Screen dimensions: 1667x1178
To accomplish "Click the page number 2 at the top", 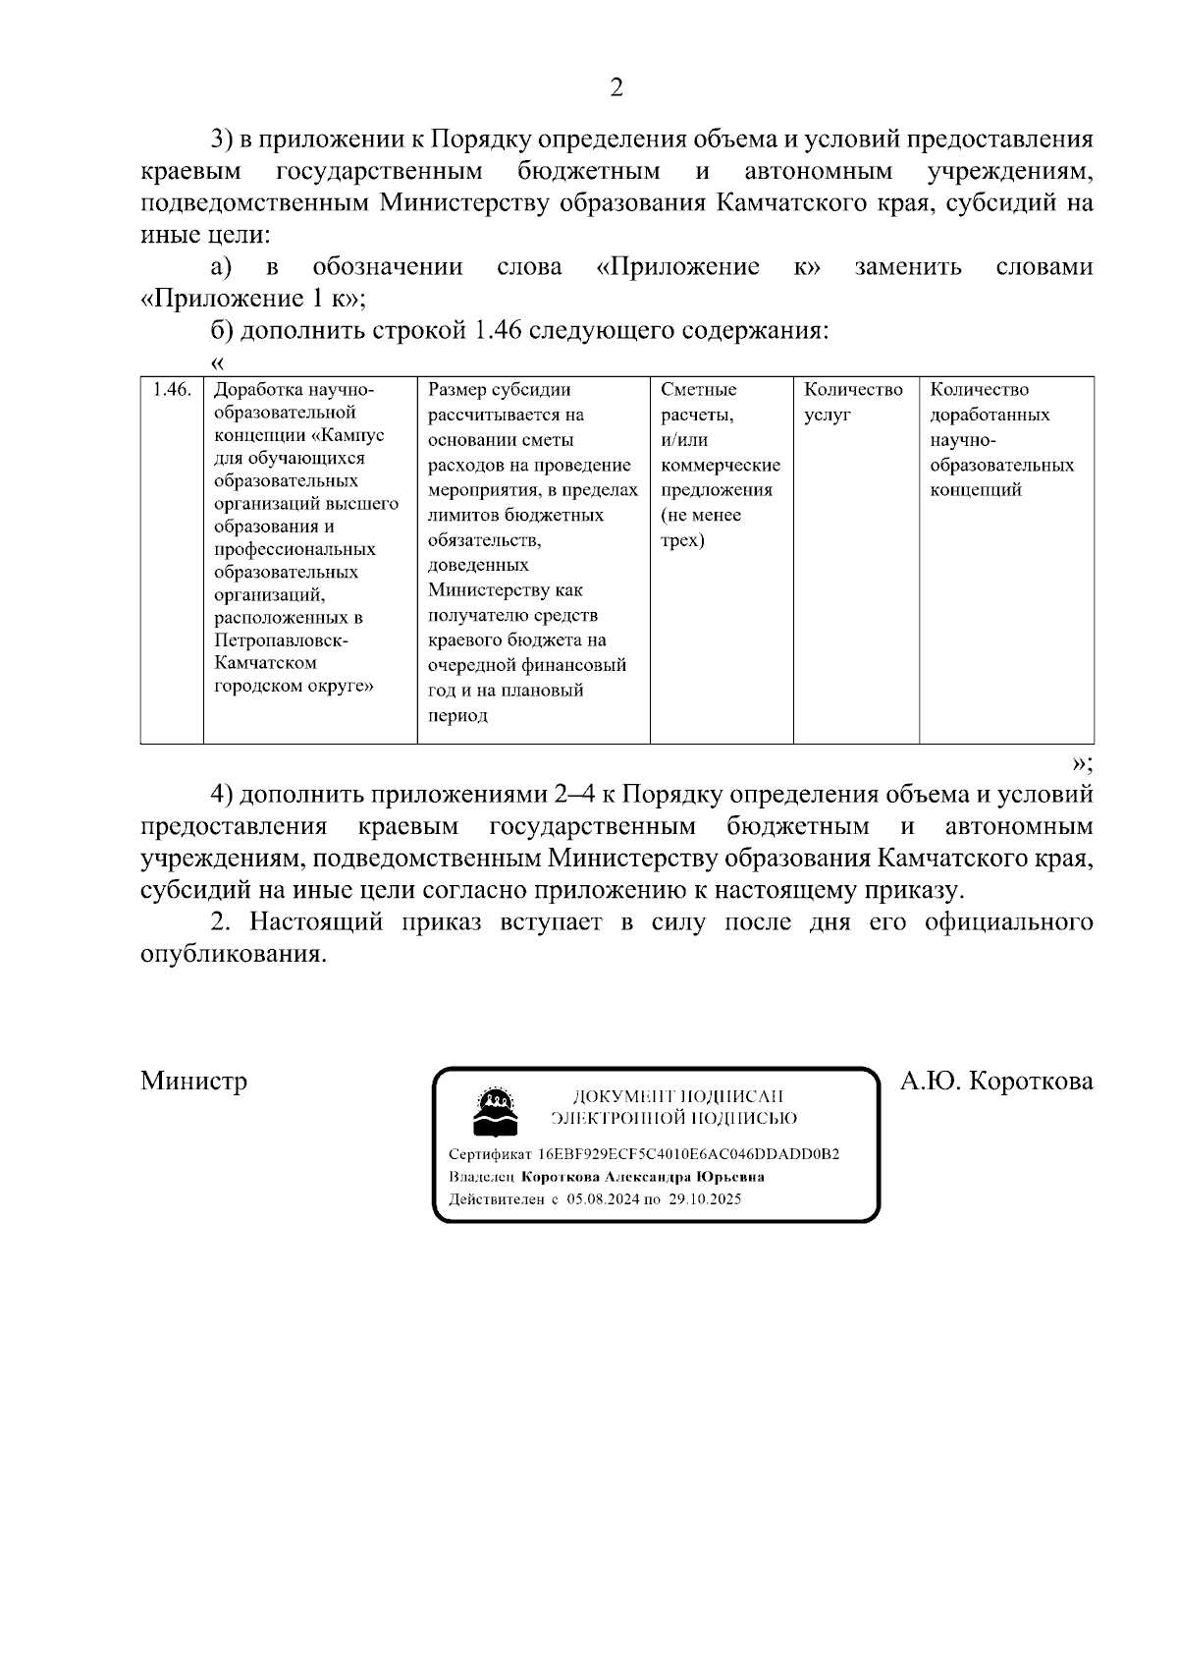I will pos(616,88).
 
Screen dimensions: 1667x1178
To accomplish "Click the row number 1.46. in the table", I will pos(172,390).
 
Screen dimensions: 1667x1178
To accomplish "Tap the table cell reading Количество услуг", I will pos(853,402).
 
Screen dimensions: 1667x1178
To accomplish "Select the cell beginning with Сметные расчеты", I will pos(721,465).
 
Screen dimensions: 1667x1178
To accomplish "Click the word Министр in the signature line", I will pos(193,1082).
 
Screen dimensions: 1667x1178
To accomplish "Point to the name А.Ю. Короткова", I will pos(996,1082).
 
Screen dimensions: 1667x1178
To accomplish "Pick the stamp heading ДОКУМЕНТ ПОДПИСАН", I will pos(677,1096).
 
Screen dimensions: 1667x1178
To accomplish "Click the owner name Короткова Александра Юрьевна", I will pos(643,1177).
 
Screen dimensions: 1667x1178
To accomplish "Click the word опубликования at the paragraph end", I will pos(233,955).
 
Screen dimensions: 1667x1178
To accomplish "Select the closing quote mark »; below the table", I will pos(1083,763).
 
